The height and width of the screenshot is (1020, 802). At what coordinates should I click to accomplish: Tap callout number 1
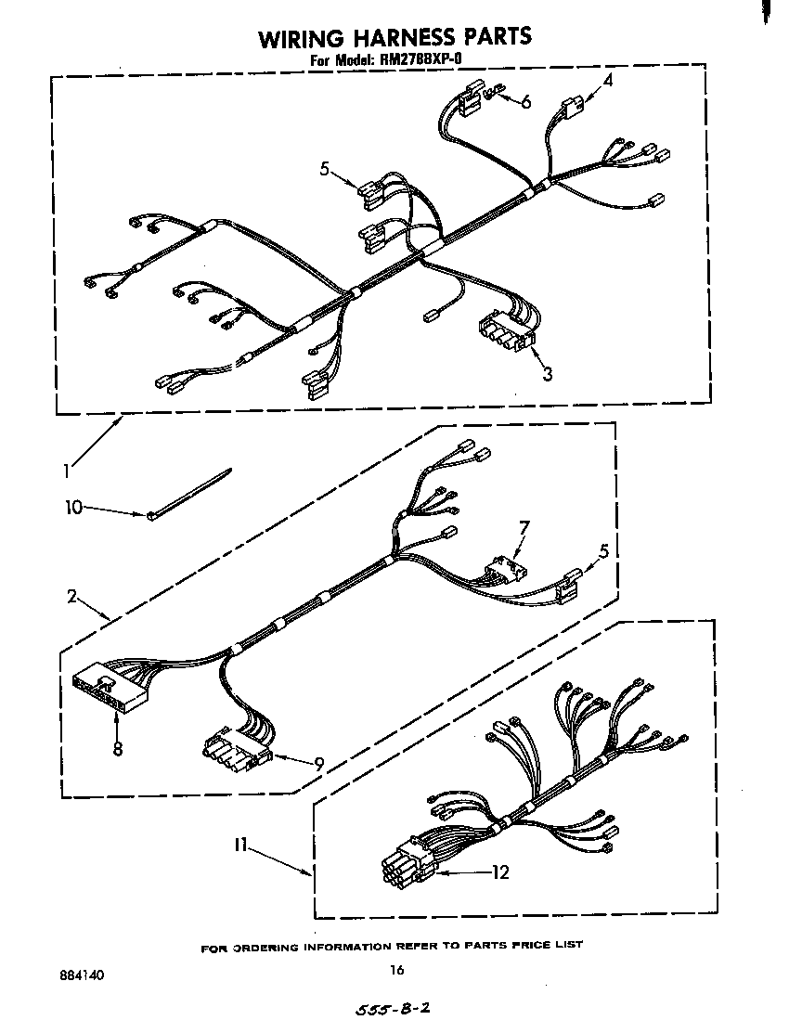tap(66, 471)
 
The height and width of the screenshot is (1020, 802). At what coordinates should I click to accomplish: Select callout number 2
tap(71, 597)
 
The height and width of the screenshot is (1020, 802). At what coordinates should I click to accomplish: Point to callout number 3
tap(548, 374)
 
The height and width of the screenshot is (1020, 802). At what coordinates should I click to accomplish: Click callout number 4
tap(608, 82)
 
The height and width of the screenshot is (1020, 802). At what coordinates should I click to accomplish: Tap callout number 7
tap(524, 529)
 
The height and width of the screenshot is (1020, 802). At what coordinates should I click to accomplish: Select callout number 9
tap(318, 764)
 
